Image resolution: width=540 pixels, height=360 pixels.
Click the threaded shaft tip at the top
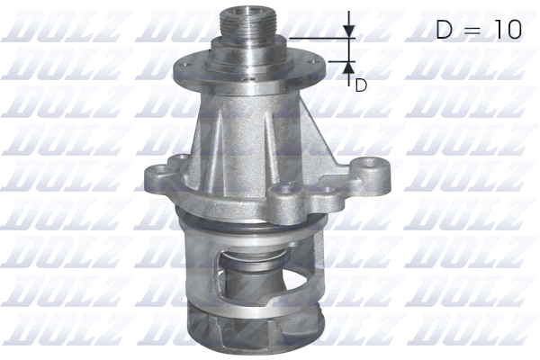coord(245,19)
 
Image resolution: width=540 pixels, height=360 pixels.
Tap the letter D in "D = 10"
coord(445,29)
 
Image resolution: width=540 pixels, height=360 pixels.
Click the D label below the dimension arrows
coord(361,85)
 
